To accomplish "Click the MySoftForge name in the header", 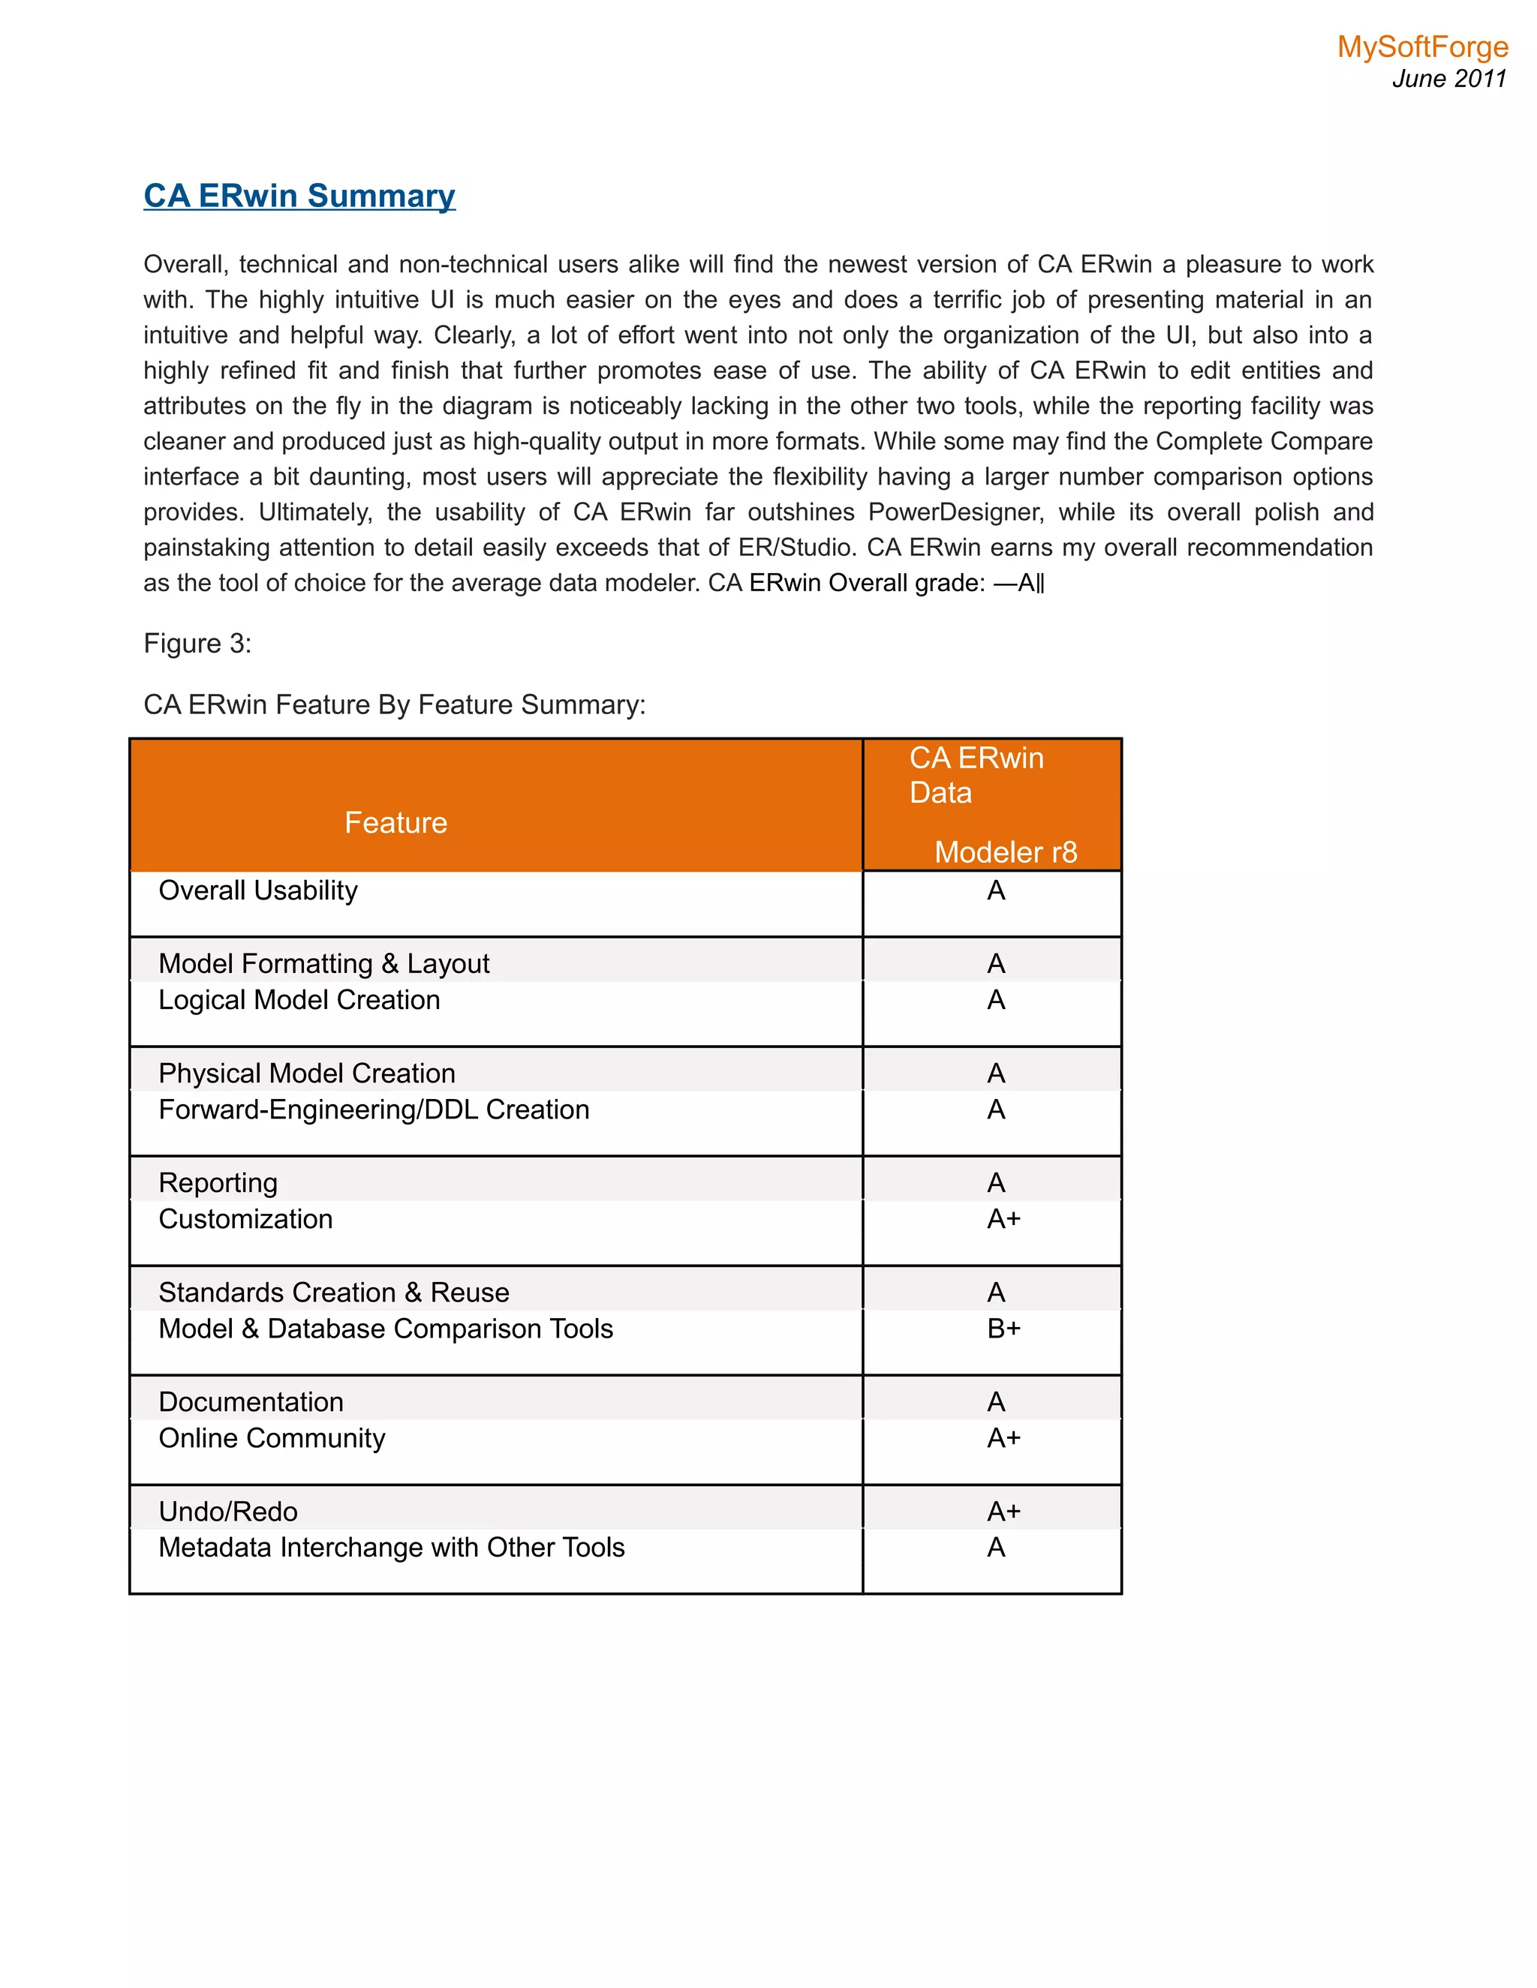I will click(1421, 47).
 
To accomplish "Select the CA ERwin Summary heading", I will click(299, 196).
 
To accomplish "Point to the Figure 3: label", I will click(197, 644).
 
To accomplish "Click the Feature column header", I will click(396, 823).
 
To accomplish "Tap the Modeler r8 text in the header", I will click(1005, 852).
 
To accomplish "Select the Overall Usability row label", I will click(257, 890).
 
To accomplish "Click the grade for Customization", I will click(1003, 1219).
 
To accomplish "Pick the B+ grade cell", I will click(1003, 1329).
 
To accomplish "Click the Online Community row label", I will click(272, 1438).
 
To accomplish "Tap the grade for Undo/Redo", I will click(1003, 1512).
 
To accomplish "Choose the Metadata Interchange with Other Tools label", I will click(392, 1548).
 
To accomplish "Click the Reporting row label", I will click(218, 1182).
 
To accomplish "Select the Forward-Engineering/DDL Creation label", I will click(373, 1110).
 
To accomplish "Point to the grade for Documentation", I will click(996, 1402).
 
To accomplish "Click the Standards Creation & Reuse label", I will click(333, 1293).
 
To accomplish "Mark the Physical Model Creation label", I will click(306, 1074).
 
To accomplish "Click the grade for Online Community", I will click(1003, 1438).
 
